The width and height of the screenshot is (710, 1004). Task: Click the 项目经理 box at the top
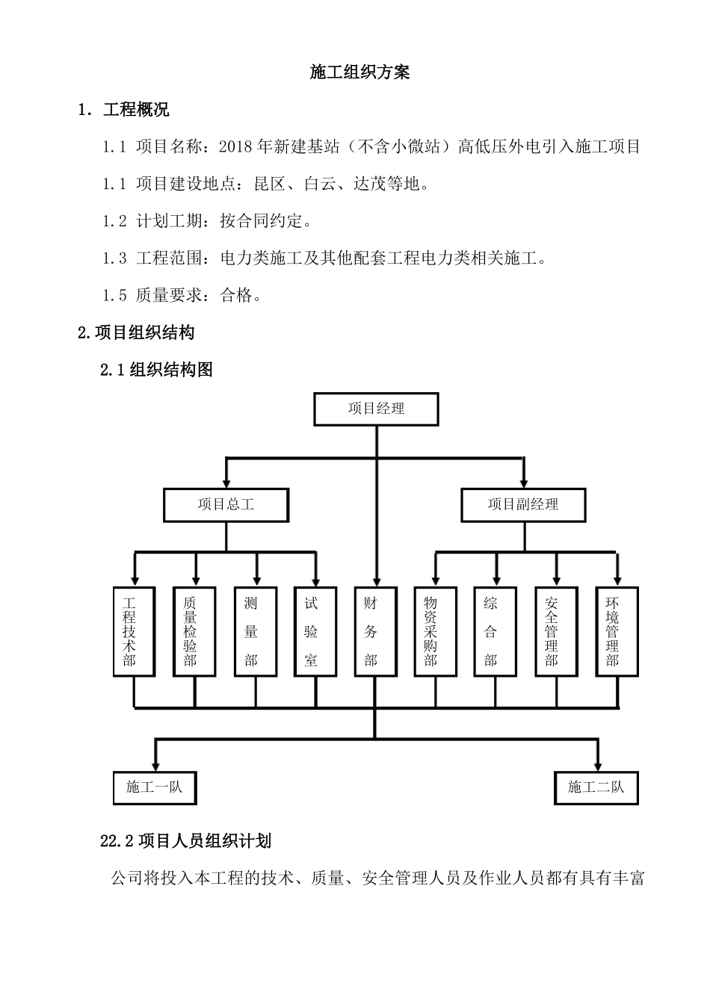pyautogui.click(x=376, y=409)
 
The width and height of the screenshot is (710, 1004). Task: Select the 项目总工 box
pyautogui.click(x=226, y=504)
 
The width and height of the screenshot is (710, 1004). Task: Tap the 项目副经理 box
pyautogui.click(x=523, y=504)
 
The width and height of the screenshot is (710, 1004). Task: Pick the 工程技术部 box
pyautogui.click(x=134, y=631)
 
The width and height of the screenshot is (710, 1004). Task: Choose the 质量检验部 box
pyautogui.click(x=194, y=631)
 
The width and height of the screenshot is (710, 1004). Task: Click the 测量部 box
pyautogui.click(x=256, y=631)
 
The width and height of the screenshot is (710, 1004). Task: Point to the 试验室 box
pyautogui.click(x=315, y=631)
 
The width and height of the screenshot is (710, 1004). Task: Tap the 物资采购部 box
pyautogui.click(x=435, y=631)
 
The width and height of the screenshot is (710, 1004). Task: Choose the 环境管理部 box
pyautogui.click(x=617, y=631)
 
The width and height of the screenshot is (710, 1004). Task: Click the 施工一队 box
pyautogui.click(x=155, y=787)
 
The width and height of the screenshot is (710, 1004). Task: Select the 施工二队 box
pyautogui.click(x=596, y=787)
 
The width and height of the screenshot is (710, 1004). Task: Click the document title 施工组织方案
pyautogui.click(x=359, y=72)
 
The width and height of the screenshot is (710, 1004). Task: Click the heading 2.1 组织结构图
pyautogui.click(x=157, y=369)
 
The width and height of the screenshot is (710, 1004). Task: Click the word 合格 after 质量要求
pyautogui.click(x=237, y=295)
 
